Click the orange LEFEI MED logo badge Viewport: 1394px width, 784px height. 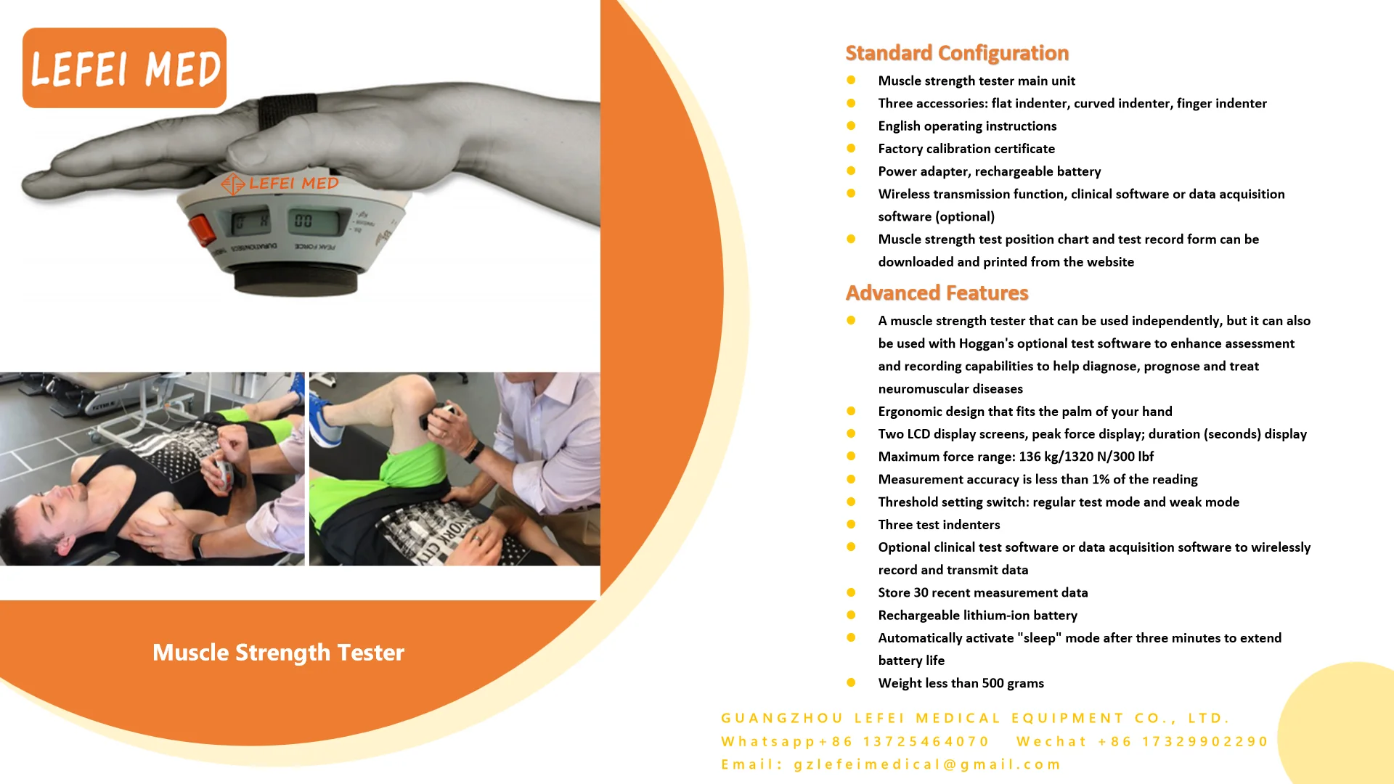point(124,68)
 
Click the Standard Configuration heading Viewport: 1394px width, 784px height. point(956,53)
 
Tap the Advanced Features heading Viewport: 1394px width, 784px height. point(937,293)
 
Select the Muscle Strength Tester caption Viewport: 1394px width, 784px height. point(278,652)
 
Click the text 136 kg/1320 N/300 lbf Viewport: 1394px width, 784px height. point(1085,457)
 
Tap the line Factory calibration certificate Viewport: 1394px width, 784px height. point(966,149)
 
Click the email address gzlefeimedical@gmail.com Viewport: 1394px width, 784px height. point(927,764)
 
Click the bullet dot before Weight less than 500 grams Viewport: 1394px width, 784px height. point(851,682)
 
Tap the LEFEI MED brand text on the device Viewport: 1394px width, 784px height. point(293,184)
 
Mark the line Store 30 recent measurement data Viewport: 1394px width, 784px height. point(982,592)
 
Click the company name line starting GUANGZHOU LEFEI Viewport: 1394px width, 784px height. point(975,718)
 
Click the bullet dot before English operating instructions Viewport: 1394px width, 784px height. point(851,126)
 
